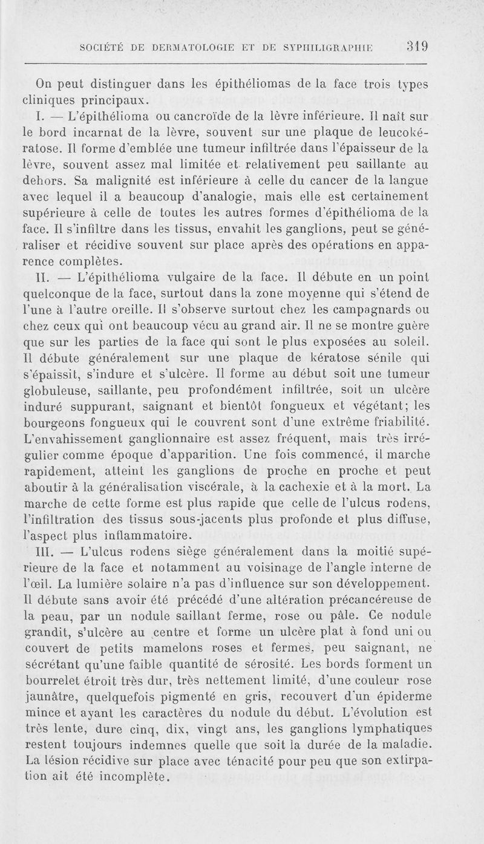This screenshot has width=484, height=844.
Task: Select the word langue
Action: coord(407,180)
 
